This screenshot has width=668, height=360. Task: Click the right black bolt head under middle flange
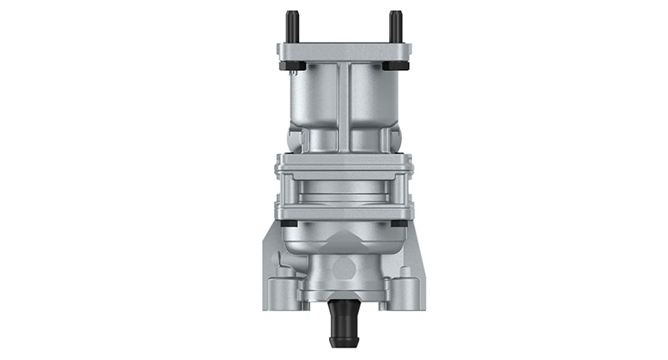click(x=399, y=223)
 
